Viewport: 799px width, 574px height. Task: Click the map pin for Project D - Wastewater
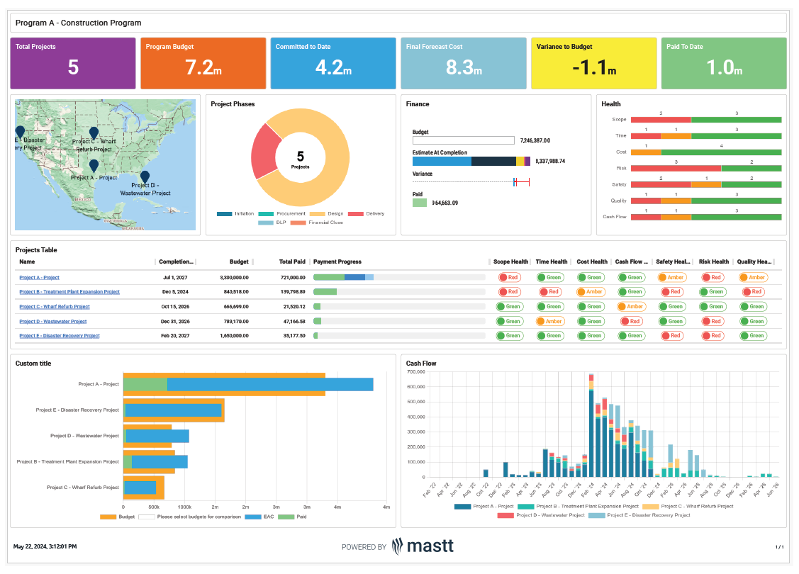(x=145, y=176)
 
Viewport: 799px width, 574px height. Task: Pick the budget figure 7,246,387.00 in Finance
(x=535, y=140)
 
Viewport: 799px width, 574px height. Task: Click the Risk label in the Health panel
(x=620, y=168)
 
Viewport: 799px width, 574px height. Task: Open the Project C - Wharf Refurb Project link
(x=55, y=307)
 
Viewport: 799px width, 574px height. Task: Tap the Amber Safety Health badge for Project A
(x=671, y=278)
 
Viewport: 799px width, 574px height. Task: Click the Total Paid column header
(x=292, y=262)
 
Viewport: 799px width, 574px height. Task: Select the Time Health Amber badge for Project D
(x=549, y=321)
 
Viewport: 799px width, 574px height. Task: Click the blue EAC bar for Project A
(x=269, y=384)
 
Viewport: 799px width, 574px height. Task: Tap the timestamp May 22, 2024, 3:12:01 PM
(x=45, y=546)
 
